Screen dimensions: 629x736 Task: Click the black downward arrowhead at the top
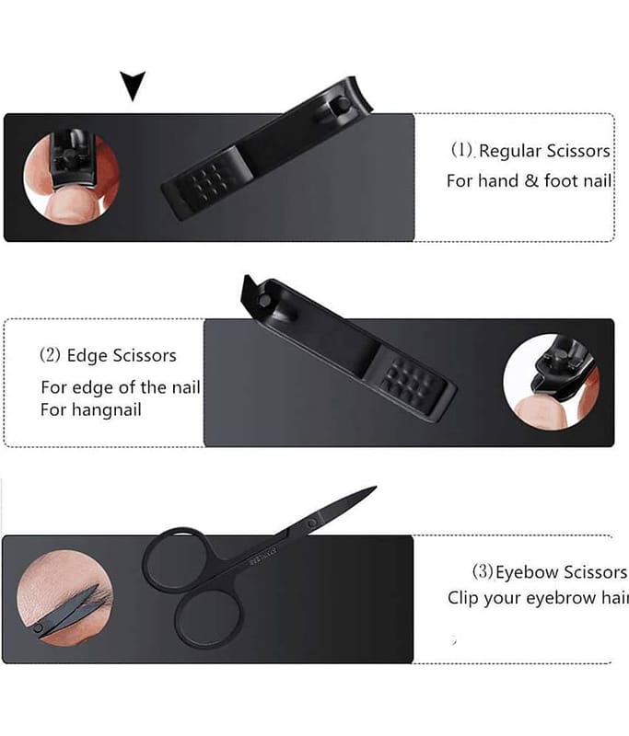(133, 85)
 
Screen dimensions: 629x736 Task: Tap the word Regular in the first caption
(509, 151)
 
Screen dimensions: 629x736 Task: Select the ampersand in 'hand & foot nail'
(530, 180)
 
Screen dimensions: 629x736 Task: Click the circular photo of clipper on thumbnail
(72, 178)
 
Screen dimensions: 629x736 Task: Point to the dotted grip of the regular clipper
(206, 182)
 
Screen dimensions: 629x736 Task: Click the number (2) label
(50, 355)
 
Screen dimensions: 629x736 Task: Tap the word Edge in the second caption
(86, 356)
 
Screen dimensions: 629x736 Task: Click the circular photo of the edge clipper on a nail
(551, 382)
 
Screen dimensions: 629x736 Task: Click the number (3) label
(483, 571)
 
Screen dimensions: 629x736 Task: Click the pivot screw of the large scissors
(312, 523)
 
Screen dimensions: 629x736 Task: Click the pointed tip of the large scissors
(376, 488)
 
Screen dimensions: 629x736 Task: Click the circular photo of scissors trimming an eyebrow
(64, 597)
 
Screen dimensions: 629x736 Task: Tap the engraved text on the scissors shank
(263, 555)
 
